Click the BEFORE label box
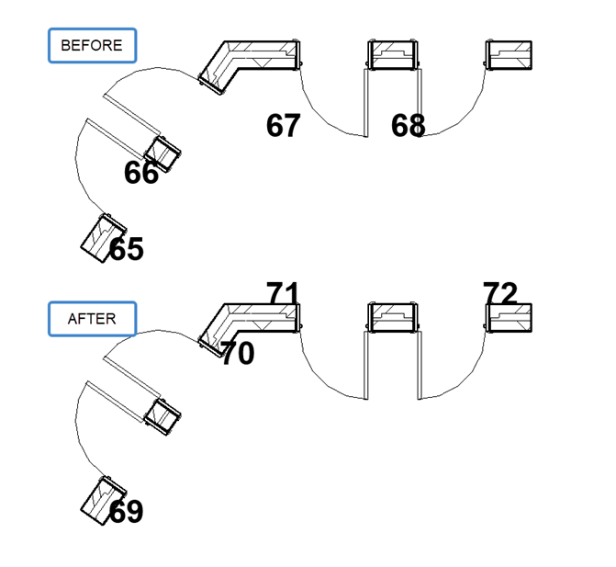(x=92, y=45)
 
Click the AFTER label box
(x=92, y=319)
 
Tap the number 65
(x=127, y=249)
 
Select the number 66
(x=140, y=173)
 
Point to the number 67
(x=283, y=126)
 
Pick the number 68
(x=408, y=126)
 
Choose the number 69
(x=127, y=512)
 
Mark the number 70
(x=237, y=353)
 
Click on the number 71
(x=283, y=294)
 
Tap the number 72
(x=500, y=293)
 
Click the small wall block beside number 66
(x=164, y=153)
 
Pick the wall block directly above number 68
(x=393, y=54)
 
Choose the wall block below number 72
(x=510, y=318)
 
